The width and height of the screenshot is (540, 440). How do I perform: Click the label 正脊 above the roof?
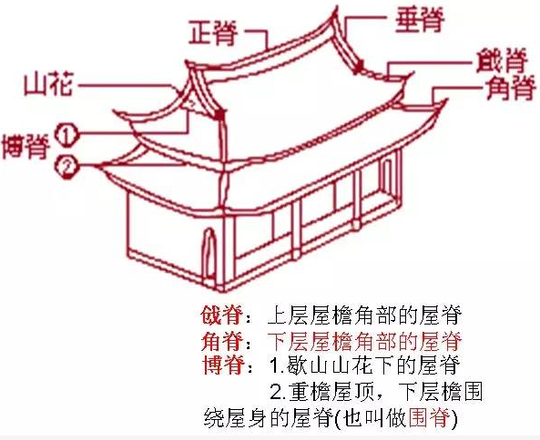[x=213, y=33]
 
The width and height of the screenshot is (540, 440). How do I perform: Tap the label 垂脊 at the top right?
[x=420, y=20]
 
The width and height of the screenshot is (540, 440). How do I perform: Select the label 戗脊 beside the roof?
[x=502, y=61]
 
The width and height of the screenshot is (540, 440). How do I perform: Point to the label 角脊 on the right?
[x=511, y=88]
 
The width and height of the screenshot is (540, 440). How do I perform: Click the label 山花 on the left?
[x=48, y=85]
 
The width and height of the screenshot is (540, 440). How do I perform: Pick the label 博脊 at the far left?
[x=25, y=146]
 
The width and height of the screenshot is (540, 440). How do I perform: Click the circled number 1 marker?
[x=66, y=135]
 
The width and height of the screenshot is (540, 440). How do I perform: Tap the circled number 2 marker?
[x=66, y=166]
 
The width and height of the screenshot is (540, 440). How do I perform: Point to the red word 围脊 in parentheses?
[x=429, y=417]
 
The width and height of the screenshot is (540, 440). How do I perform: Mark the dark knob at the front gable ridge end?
[x=220, y=115]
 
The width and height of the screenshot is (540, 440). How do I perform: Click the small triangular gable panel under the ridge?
[x=190, y=102]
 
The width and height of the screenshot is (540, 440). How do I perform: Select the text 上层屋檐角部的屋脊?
[x=364, y=315]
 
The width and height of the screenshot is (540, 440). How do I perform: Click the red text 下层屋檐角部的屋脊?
[x=364, y=341]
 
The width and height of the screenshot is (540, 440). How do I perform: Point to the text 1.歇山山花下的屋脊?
[x=364, y=365]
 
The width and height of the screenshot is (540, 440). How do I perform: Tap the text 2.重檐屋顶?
[x=321, y=392]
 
